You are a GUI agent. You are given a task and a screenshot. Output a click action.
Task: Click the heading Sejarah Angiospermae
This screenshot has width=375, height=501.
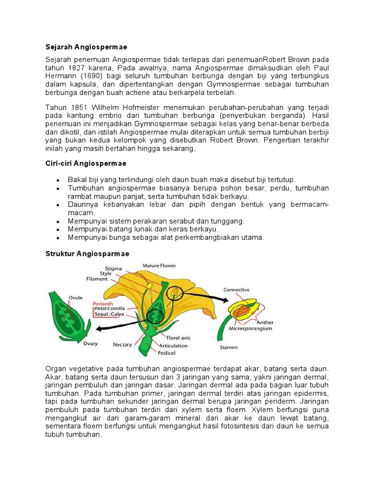[86, 47]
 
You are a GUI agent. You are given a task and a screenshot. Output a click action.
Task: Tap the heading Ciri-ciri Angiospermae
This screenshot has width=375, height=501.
[86, 163]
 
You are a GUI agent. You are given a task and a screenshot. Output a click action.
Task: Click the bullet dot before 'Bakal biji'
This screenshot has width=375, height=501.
[59, 180]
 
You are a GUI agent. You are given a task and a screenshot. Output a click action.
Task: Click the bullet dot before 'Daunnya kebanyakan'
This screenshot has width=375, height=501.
[59, 205]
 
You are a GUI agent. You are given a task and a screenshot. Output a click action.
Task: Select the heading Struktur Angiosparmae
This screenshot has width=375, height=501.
[87, 253]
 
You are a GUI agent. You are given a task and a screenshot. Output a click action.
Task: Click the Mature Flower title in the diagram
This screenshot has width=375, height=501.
[159, 266]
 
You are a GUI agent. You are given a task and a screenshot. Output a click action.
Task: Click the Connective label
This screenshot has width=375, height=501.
[237, 290]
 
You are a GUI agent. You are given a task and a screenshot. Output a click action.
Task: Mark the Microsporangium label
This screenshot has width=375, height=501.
[250, 329]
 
